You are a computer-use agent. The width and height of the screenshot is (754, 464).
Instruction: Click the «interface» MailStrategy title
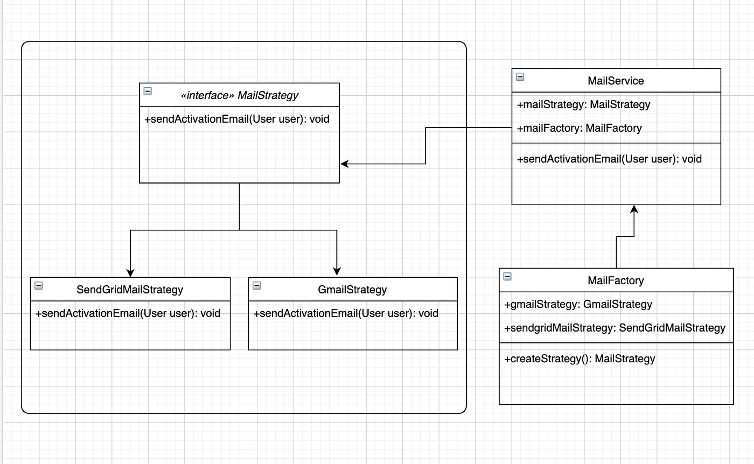coord(240,95)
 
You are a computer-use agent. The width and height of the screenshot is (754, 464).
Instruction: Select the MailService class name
coord(616,81)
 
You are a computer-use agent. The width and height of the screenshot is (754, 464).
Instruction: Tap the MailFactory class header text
coord(616,280)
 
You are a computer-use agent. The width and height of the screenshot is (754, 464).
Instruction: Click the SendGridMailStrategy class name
coord(130,290)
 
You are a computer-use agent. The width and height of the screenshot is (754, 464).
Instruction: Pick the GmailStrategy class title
coord(352,290)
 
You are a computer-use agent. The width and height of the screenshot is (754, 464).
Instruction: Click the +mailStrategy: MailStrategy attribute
coord(583,104)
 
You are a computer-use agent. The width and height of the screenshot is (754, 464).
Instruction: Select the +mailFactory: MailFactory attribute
coord(579,128)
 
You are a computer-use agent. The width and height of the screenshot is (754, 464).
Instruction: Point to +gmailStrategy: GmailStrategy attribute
coord(578,304)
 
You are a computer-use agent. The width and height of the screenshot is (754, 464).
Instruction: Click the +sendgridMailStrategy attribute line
coord(615,328)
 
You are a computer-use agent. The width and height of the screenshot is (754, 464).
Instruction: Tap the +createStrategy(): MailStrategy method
coord(580,358)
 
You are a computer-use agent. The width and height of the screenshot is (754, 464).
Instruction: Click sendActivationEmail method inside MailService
coord(609,159)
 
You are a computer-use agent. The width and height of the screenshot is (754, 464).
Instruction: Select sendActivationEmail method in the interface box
coord(237,119)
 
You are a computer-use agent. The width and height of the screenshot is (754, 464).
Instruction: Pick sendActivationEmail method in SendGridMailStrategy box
coord(128,313)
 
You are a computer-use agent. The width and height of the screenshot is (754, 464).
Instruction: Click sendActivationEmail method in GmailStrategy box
coord(346,313)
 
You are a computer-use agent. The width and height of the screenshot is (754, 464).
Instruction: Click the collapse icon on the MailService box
coord(520,76)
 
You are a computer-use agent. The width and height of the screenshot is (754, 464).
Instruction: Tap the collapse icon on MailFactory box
coord(507,277)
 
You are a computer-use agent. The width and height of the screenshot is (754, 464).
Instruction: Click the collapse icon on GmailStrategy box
coord(256,285)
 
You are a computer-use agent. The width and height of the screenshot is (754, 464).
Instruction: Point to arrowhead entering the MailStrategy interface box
coord(345,164)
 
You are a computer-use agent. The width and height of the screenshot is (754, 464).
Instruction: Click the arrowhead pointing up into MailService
coord(634,209)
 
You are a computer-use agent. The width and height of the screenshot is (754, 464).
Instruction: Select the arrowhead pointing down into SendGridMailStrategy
coord(130,273)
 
